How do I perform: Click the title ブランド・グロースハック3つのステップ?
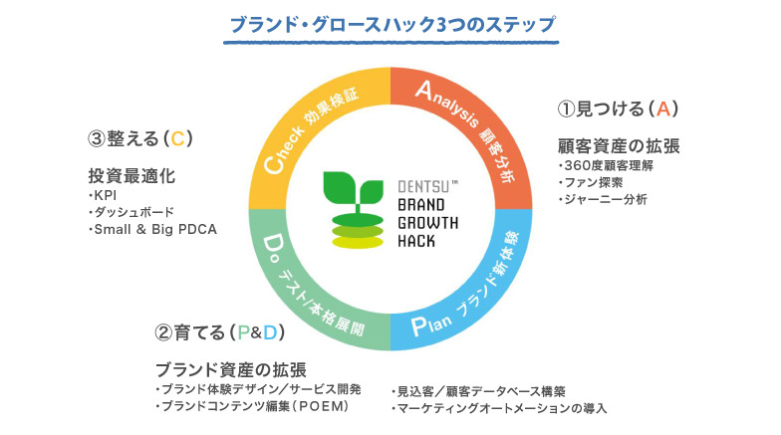[x=390, y=23]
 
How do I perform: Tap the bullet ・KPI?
[x=104, y=195]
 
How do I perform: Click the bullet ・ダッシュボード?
[x=131, y=212]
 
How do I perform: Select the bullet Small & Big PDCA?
[x=153, y=230]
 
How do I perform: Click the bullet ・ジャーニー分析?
[x=603, y=199]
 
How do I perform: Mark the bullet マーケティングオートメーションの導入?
[x=499, y=408]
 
